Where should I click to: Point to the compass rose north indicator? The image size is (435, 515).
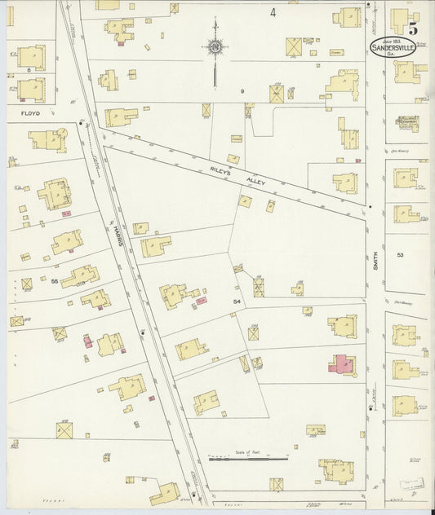pyautogui.click(x=215, y=48)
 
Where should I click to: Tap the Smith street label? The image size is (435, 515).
pyautogui.click(x=376, y=262)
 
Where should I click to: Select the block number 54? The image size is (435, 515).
pyautogui.click(x=236, y=302)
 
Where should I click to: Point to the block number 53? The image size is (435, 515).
pyautogui.click(x=400, y=255)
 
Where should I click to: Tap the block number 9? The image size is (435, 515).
pyautogui.click(x=242, y=91)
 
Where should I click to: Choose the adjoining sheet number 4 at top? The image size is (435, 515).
pyautogui.click(x=273, y=12)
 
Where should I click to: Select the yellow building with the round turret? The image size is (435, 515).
pyautogui.click(x=47, y=140)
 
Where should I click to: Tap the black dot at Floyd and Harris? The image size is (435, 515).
pyautogui.click(x=81, y=124)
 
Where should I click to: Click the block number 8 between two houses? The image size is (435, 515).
pyautogui.click(x=29, y=71)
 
